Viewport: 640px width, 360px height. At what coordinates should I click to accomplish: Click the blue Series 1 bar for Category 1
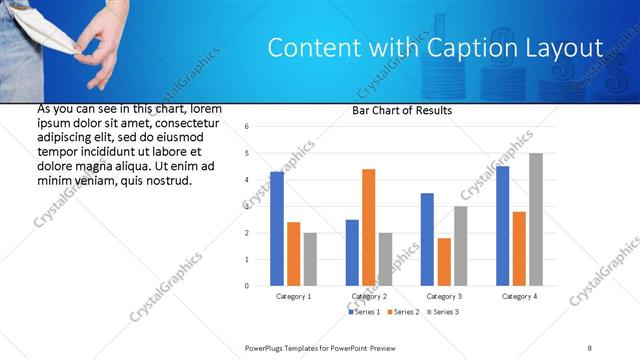click(277, 229)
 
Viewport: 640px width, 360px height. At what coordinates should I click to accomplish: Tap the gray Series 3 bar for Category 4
click(536, 219)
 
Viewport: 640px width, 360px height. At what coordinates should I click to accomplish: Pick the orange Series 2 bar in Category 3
click(444, 262)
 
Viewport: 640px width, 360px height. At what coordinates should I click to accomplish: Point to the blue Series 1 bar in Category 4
click(502, 226)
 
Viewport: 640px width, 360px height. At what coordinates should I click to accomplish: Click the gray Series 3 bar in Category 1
click(310, 259)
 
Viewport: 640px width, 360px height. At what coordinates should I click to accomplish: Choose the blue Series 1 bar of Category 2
click(352, 253)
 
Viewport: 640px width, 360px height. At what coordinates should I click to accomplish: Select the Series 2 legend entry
click(403, 313)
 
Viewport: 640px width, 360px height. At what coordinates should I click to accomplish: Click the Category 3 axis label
click(444, 297)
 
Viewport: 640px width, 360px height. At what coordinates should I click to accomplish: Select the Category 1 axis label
click(294, 297)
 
